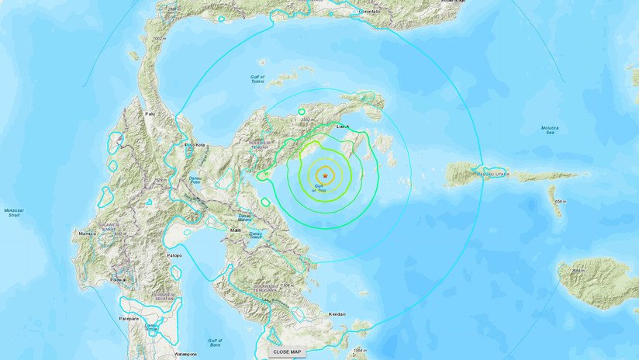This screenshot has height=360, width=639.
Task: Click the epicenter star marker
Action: pos(325,176)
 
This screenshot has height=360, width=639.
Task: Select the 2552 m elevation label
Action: pos(307,119)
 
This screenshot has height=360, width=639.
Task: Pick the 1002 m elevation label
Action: pos(160,38)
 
